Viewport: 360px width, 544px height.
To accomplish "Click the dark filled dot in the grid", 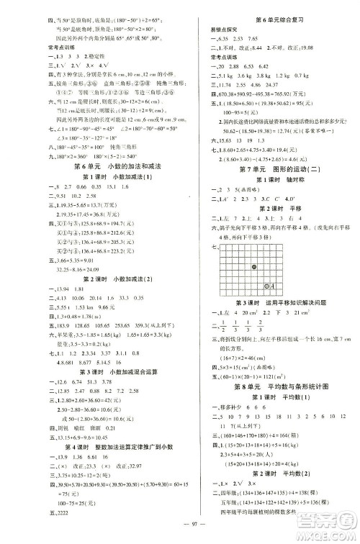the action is tap(256, 267).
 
